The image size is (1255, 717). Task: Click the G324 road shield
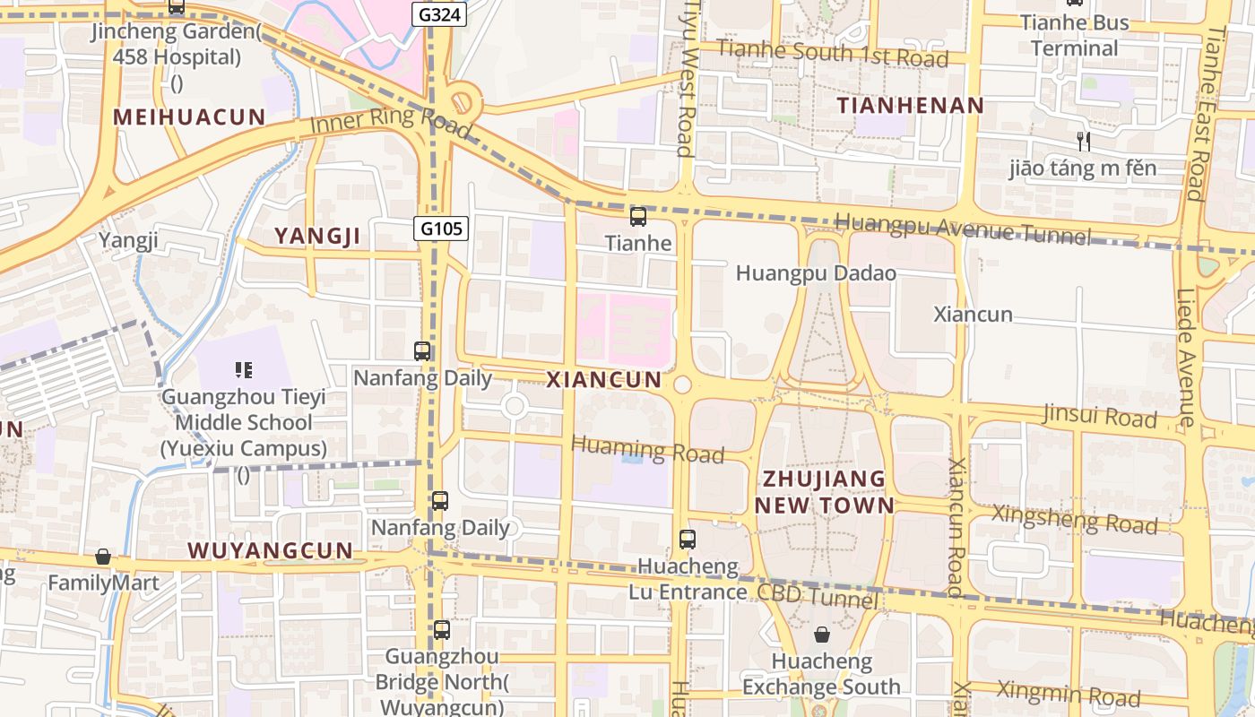coord(439,13)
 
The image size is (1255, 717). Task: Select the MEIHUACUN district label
coord(189,117)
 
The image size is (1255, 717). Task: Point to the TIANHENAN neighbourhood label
coord(911,105)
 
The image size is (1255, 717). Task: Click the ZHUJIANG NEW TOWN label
coord(824,491)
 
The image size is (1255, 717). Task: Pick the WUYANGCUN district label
coord(270,550)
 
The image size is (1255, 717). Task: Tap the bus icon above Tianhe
coord(638,216)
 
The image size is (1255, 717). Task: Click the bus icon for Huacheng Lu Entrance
coord(688,540)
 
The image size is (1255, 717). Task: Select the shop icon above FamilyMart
coord(103,557)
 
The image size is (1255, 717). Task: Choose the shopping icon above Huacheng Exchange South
coord(822,635)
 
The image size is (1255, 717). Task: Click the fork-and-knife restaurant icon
coord(1083,141)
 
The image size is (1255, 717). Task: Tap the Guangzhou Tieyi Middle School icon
coord(243,369)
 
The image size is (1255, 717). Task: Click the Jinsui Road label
coord(1099,416)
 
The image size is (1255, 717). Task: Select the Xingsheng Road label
coord(1074,519)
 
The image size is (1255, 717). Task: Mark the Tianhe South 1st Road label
coord(832,54)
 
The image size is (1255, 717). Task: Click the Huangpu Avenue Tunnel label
coord(963,229)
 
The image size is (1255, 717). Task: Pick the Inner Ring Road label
coord(390,119)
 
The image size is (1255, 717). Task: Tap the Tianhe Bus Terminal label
coord(1074,35)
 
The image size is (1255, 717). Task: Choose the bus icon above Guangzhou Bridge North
coord(441,629)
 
